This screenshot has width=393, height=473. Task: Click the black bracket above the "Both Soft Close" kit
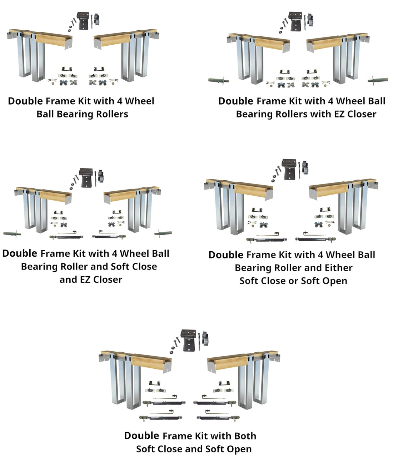click(x=189, y=340)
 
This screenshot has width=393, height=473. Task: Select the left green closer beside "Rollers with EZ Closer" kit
click(x=218, y=80)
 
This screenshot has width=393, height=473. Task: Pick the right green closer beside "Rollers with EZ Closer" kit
click(x=378, y=80)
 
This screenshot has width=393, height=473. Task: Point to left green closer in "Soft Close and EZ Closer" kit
click(x=12, y=234)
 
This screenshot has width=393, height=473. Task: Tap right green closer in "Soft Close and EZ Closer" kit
click(x=163, y=233)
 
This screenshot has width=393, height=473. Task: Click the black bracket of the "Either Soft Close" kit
click(x=289, y=169)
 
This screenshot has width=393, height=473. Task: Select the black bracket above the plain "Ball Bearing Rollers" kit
click(x=84, y=21)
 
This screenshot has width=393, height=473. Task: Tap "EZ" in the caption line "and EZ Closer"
click(x=85, y=280)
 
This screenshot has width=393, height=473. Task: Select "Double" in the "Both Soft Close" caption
click(x=141, y=436)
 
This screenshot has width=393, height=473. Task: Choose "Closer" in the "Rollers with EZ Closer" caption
click(x=362, y=114)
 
